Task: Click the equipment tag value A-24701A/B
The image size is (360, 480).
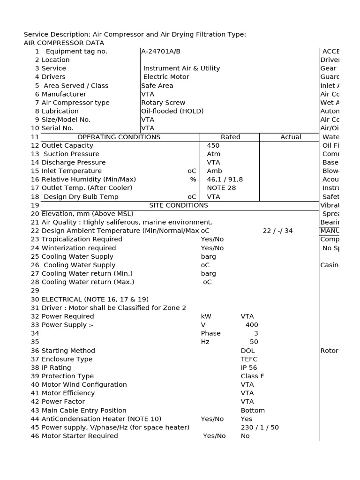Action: (161, 51)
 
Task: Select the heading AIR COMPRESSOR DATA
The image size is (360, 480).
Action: (64, 43)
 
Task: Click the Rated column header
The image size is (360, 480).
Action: (230, 137)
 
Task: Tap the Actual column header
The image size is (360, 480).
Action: (291, 137)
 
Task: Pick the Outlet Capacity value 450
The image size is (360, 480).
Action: (213, 145)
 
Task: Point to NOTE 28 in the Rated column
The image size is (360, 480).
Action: (221, 187)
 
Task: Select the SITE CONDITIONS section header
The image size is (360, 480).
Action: (179, 205)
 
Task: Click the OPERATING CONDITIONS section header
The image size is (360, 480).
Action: (119, 137)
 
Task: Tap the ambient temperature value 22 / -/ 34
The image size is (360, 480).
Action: (277, 231)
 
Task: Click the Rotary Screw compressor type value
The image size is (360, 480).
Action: (163, 103)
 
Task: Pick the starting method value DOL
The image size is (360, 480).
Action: (247, 351)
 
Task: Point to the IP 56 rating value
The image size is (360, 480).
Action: (249, 367)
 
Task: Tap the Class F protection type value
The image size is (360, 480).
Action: (252, 376)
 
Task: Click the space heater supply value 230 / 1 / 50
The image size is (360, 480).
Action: (260, 427)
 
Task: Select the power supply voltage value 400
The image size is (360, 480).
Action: (252, 325)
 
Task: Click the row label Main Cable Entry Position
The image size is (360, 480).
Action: (84, 410)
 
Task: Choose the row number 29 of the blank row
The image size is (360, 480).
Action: (35, 291)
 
